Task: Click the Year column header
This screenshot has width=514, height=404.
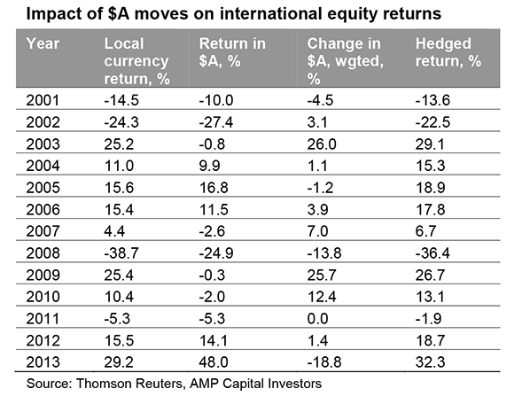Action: click(43, 43)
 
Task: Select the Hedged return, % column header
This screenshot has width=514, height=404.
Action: click(448, 52)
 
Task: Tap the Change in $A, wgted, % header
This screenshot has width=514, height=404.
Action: click(345, 61)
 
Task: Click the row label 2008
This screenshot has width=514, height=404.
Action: click(43, 253)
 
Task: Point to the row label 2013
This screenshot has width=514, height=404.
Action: click(43, 362)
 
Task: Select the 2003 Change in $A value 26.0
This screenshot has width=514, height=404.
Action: click(322, 144)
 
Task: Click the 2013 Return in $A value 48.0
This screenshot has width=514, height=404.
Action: click(214, 362)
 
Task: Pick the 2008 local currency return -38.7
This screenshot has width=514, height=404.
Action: click(121, 253)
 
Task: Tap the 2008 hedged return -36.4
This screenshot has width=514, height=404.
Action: click(432, 253)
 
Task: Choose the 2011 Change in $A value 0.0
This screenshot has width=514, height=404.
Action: click(317, 318)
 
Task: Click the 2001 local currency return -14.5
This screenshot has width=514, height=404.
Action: click(121, 100)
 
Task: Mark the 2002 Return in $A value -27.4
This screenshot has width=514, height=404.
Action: click(216, 122)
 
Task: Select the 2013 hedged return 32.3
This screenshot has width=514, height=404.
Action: click(430, 362)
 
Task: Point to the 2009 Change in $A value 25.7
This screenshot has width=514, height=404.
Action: click(322, 275)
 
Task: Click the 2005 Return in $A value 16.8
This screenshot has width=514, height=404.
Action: click(214, 188)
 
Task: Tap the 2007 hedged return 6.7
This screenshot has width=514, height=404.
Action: click(425, 231)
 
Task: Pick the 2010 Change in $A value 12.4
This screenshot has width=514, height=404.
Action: click(322, 297)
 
